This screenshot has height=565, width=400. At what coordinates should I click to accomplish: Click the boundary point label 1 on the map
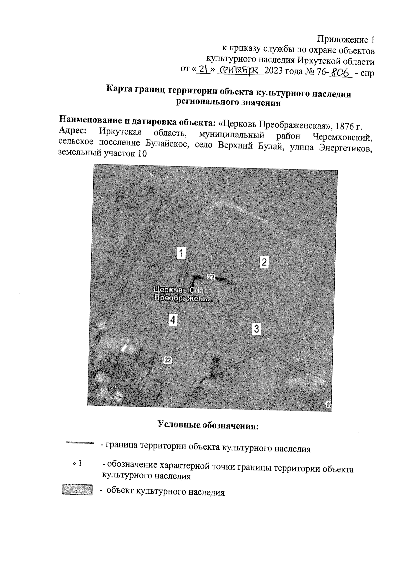181,253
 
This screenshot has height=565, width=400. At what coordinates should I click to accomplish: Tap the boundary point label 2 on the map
264,262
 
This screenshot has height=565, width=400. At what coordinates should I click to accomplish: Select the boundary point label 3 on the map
256,329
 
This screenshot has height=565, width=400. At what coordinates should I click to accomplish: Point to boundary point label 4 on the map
173,320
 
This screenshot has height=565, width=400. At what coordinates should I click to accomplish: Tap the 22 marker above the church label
211,277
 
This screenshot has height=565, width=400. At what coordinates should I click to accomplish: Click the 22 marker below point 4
168,359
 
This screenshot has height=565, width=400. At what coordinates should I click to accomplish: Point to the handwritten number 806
340,72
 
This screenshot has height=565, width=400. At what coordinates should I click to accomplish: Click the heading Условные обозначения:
208,425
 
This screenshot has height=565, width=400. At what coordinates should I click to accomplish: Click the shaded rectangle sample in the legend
77,490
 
